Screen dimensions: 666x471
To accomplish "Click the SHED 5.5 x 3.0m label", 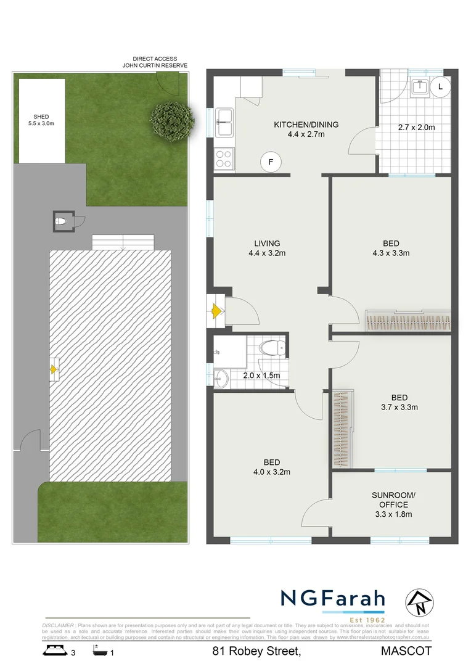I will tap(41, 120).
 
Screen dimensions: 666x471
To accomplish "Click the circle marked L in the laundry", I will tap(440, 88).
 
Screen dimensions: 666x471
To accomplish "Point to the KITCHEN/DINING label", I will tap(306, 129).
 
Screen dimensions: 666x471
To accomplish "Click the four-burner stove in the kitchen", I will tap(223, 160).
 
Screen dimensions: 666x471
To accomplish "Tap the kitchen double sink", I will tap(224, 122).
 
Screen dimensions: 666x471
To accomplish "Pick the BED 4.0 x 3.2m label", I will tap(271, 467).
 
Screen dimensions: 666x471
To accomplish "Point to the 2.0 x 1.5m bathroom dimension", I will tap(261, 376).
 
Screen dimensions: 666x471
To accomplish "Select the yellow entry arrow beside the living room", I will tap(216, 312).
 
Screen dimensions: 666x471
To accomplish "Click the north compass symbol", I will tap(417, 602).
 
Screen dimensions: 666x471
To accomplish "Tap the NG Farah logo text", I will tap(333, 599).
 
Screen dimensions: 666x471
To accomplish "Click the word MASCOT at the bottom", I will tap(406, 651).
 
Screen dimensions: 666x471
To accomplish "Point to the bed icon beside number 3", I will tap(54, 650).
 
